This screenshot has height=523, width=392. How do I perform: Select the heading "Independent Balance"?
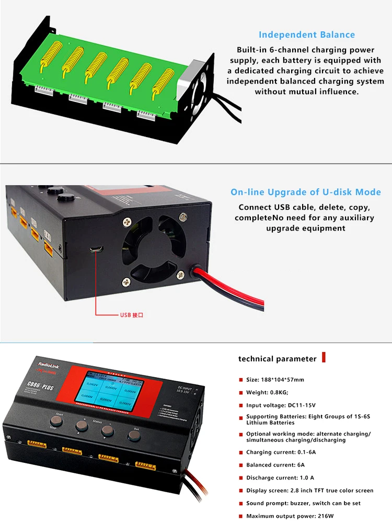[x=306, y=35]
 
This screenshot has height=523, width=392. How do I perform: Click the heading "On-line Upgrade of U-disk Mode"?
[x=306, y=192]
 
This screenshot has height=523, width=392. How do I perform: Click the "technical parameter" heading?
[x=277, y=359]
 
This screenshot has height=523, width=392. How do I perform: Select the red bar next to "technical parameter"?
[x=324, y=358]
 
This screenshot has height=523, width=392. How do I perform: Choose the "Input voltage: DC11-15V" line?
[x=281, y=405]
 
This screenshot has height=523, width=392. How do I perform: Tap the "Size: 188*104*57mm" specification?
[x=275, y=380]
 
